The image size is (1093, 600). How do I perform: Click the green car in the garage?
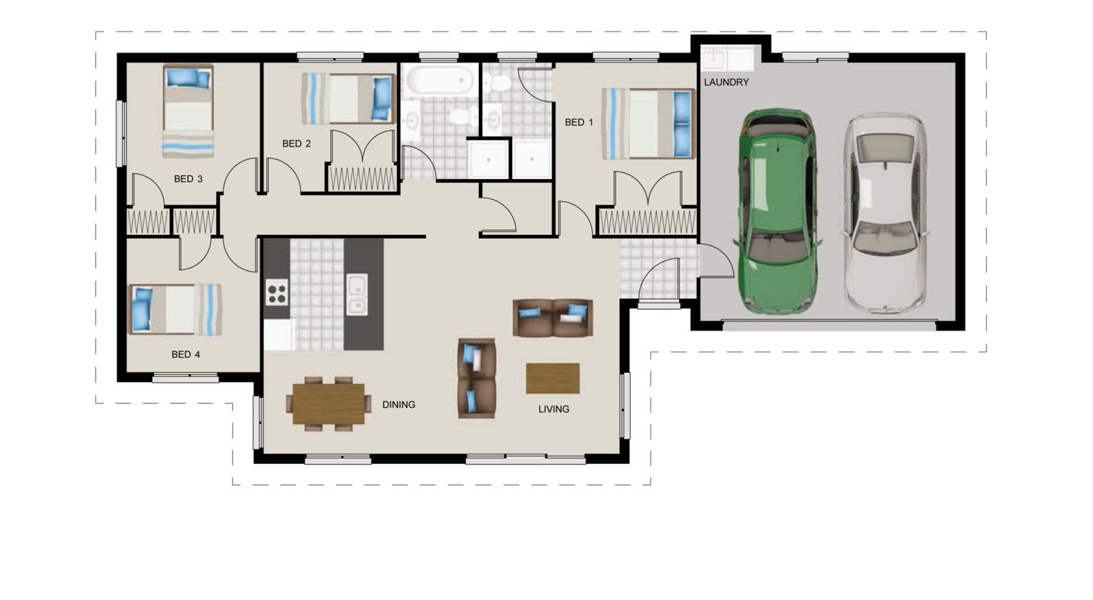pos(777,210)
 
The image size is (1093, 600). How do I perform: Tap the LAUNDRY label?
pos(726,83)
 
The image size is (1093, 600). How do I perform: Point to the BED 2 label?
pos(296,144)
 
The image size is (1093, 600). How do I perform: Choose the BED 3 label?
pos(188,179)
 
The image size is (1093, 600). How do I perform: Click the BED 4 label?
pos(185,355)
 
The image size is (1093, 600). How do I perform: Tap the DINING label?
pos(398,405)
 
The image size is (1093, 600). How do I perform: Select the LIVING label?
pos(554,409)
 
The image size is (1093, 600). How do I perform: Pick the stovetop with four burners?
pos(277,292)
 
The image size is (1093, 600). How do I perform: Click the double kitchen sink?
pos(357,294)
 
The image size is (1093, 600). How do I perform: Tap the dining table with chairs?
pos(329,403)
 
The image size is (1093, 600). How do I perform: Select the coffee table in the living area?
pos(552,378)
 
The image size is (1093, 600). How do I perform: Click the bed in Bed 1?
pos(648,124)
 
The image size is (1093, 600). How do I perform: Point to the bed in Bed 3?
pos(188,111)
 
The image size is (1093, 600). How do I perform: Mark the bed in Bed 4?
pos(176,309)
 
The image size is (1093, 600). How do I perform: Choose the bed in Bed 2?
pos(348,99)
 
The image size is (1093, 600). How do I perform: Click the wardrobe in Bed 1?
pos(647,222)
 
